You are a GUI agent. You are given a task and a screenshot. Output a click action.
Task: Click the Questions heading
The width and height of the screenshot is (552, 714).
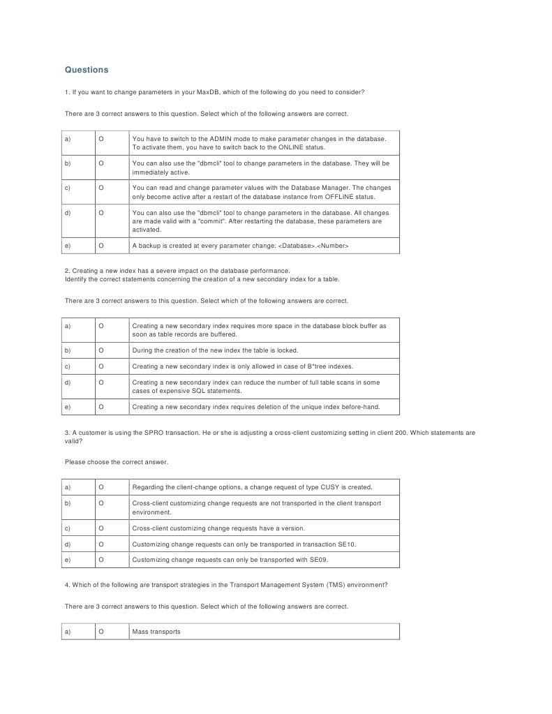87,70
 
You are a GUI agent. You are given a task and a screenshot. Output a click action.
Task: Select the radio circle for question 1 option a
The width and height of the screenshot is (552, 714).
101,139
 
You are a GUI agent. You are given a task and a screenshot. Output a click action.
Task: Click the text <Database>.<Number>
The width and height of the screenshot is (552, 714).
313,246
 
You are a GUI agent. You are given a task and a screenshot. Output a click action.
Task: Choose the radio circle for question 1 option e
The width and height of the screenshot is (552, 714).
101,246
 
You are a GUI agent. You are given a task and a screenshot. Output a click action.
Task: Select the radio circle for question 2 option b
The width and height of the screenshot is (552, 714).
101,350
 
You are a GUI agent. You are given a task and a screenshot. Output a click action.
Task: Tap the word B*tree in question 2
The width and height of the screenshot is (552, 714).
318,366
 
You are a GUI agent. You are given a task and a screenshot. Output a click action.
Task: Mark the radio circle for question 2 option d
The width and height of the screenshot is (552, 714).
101,382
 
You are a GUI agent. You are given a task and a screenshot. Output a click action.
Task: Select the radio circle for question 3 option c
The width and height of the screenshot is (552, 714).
101,528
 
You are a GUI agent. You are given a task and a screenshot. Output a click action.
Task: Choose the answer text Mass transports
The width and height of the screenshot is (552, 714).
156,632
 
